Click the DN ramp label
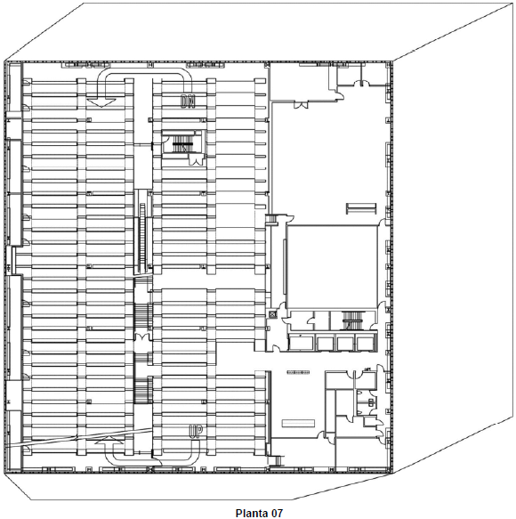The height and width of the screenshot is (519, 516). click(188, 101)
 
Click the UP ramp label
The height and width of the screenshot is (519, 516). click(196, 431)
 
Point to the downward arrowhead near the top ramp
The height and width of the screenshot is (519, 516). click(103, 102)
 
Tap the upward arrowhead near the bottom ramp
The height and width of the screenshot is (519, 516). click(109, 441)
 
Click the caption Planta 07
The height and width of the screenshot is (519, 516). click(259, 513)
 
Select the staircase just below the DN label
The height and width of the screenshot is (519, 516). click(181, 144)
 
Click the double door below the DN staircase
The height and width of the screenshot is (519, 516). click(196, 161)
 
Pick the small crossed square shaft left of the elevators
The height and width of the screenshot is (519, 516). click(273, 314)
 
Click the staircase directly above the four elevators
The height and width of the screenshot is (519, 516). click(352, 320)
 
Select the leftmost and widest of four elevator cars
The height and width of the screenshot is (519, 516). click(302, 343)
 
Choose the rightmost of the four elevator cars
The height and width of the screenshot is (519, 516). click(365, 343)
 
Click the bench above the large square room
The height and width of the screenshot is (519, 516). click(361, 208)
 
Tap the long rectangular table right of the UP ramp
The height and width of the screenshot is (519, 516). click(298, 424)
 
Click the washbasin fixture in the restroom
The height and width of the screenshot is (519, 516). click(371, 402)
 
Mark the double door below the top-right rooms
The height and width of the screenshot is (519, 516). click(301, 104)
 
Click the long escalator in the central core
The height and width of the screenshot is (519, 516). click(143, 238)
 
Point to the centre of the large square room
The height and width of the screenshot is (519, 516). click(333, 267)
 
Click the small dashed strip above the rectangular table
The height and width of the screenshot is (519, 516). click(298, 372)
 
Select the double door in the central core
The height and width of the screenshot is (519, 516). click(141, 337)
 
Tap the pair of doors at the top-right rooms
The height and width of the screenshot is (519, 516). click(361, 83)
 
